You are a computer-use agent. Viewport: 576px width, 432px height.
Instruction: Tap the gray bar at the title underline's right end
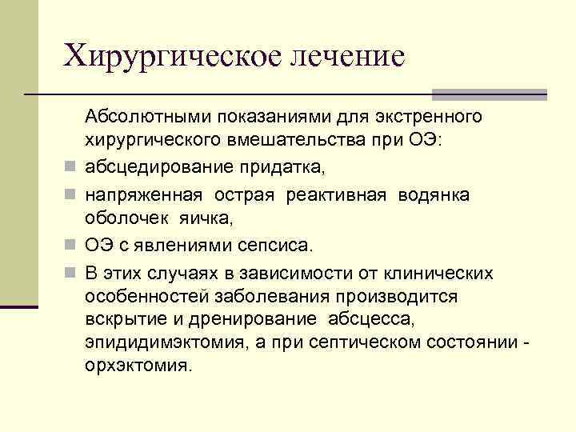pyautogui.click(x=489, y=94)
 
